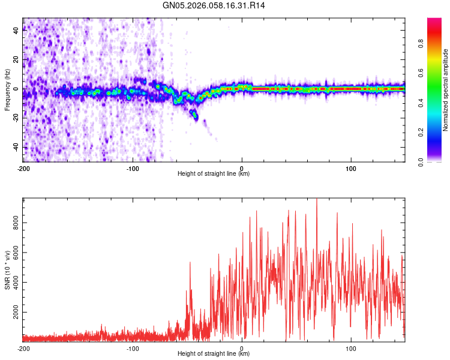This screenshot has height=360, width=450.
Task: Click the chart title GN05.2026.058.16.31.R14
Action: (214, 5)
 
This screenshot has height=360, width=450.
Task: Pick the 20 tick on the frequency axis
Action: (17, 59)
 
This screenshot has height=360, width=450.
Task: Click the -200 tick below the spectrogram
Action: (23, 168)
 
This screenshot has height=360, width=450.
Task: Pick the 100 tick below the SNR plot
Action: (351, 348)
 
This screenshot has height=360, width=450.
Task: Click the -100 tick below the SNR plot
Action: (133, 348)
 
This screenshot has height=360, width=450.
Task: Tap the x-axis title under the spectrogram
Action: (214, 174)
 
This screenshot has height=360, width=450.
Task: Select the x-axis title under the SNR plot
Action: (214, 354)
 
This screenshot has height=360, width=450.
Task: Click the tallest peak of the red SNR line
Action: (317, 200)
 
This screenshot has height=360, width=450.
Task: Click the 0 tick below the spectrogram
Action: (242, 168)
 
